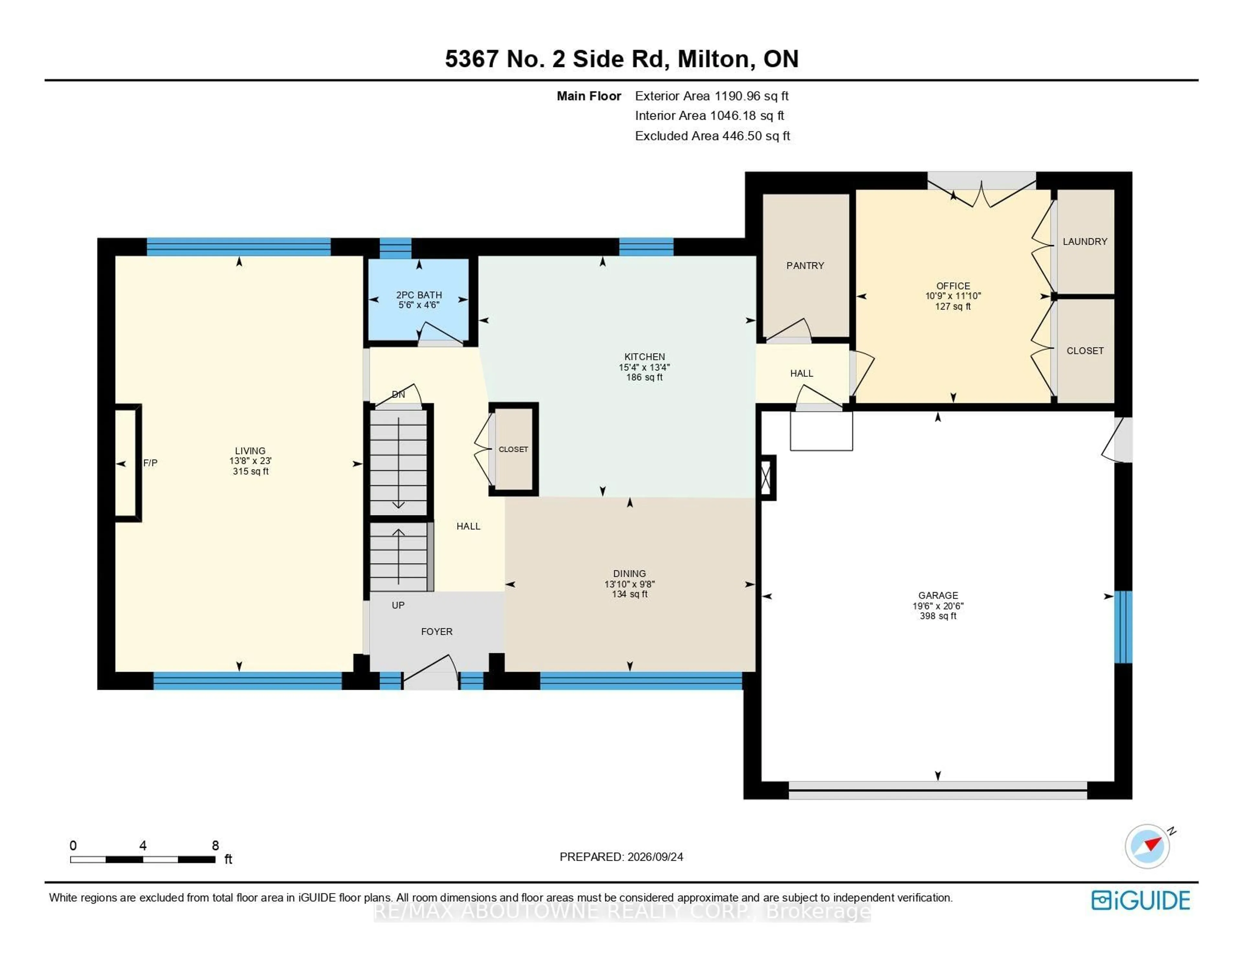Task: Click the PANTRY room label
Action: (805, 266)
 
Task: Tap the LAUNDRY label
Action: (1085, 242)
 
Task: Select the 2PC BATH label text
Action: (419, 295)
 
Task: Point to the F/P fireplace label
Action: (150, 463)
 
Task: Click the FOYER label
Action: (437, 632)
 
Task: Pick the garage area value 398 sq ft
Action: (938, 616)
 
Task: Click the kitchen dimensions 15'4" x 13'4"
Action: (644, 367)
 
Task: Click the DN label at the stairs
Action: (398, 394)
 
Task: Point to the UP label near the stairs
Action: (398, 605)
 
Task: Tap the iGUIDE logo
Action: (1141, 900)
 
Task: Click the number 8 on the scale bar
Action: (215, 845)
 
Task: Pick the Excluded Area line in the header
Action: (712, 136)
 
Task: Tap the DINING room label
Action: (630, 574)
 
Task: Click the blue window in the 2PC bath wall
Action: (396, 248)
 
